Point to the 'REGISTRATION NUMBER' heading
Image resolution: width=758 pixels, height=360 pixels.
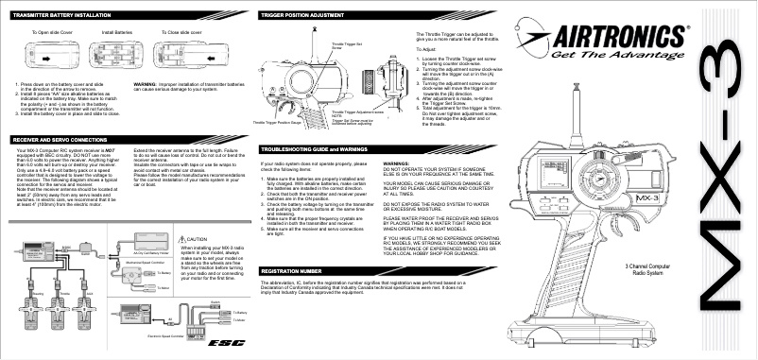point(297,271)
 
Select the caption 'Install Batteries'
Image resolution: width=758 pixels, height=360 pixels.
point(117,31)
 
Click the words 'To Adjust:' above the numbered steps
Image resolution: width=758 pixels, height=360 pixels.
point(424,47)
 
